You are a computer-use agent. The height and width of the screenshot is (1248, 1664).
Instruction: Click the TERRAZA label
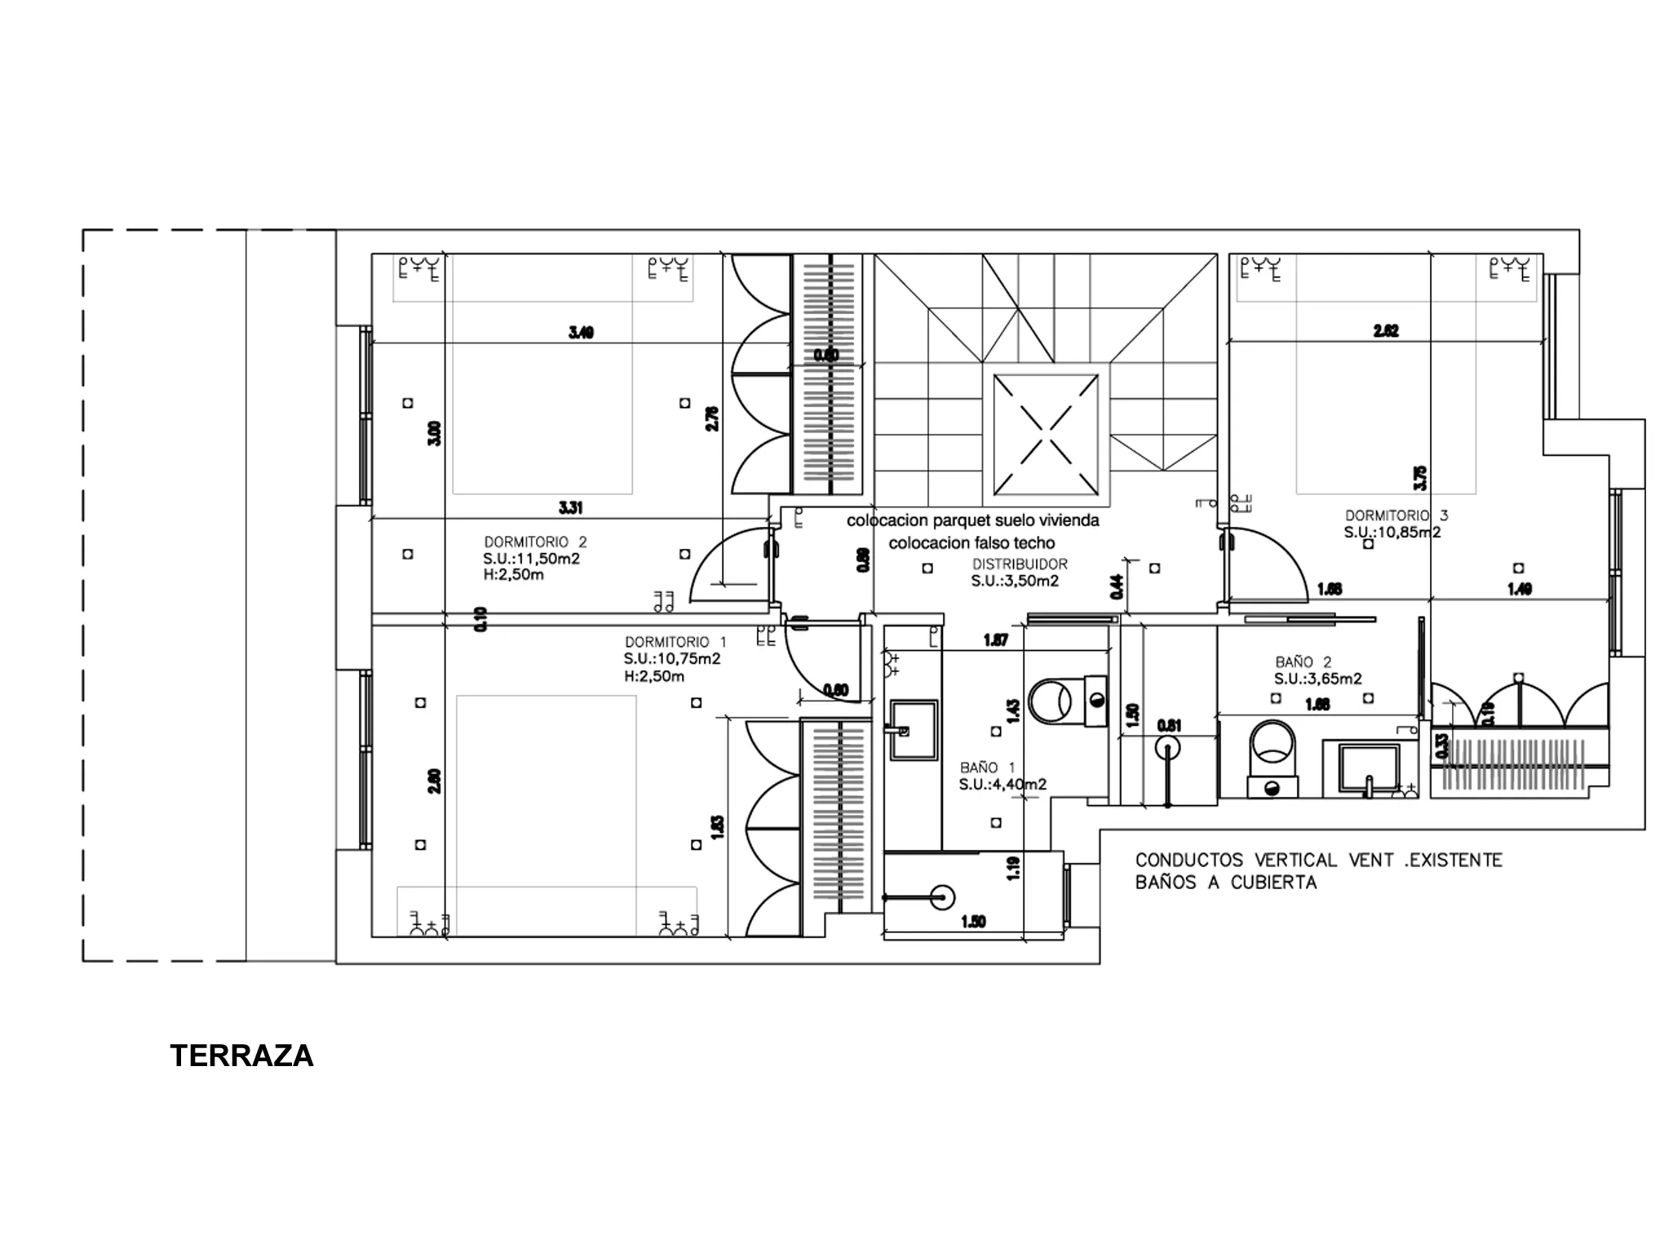coord(241,1055)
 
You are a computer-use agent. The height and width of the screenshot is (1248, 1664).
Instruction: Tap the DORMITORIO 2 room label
coord(535,542)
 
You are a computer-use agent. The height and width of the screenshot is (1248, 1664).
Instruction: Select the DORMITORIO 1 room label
coord(675,642)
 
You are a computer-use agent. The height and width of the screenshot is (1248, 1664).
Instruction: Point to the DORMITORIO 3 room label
coord(1396,516)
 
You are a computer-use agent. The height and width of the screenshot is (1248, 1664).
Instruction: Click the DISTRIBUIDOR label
coord(1019,564)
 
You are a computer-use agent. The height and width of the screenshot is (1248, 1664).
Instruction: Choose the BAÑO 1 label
coord(987,768)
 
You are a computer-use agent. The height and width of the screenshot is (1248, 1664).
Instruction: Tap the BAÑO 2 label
coord(1303,662)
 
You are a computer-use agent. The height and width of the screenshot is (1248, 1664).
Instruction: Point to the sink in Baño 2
coord(1369,767)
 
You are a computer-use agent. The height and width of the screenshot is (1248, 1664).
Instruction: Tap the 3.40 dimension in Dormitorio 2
coord(581,332)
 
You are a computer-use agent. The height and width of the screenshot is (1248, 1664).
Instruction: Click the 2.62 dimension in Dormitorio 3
coord(1386,330)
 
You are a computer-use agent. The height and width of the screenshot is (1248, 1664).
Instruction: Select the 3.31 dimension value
coord(570,507)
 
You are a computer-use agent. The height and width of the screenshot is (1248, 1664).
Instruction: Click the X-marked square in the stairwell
coord(1045,434)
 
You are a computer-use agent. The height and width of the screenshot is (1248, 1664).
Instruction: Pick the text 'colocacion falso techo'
coord(971,543)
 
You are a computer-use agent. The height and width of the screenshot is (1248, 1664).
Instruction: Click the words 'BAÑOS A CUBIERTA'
coord(1225,883)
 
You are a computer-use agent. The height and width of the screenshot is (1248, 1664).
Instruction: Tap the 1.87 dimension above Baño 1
coord(995,640)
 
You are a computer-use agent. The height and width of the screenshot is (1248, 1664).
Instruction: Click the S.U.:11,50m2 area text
coord(531,559)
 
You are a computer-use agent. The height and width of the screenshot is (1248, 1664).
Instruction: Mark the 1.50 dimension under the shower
coord(973,922)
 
